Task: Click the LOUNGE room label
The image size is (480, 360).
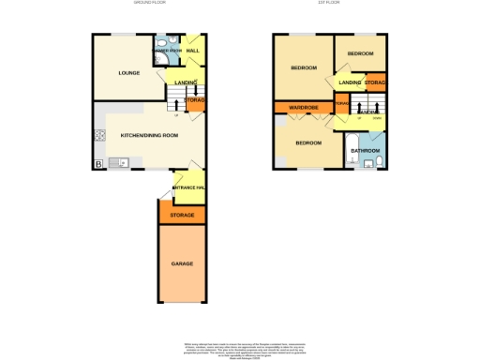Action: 128,71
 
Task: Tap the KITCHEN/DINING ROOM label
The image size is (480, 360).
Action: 149,136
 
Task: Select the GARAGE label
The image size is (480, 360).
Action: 181,264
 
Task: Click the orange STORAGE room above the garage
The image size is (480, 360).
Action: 181,216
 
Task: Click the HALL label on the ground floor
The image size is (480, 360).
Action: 192,51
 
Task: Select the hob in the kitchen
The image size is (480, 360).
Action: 98,135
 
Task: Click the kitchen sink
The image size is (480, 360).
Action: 118,163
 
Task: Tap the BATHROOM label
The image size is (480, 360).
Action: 365,150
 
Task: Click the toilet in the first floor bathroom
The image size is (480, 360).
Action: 379,162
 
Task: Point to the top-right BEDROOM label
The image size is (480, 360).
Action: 360,54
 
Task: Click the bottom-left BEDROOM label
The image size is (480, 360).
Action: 308,143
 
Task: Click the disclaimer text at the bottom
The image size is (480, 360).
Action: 240,349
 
